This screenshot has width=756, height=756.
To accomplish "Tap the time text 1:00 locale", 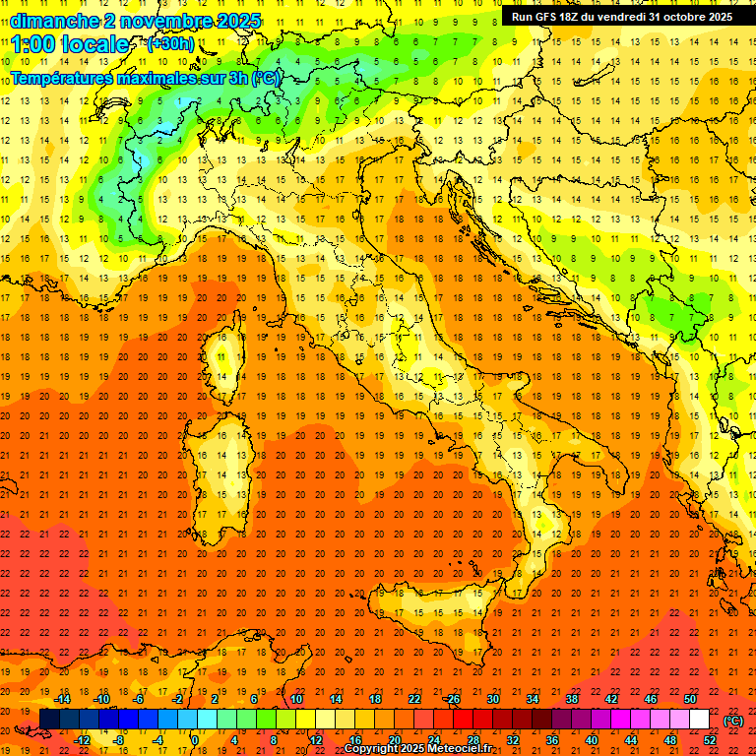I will (70, 44).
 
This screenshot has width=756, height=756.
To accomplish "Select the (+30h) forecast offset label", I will (170, 44).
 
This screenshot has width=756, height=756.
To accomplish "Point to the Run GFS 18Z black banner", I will (621, 17).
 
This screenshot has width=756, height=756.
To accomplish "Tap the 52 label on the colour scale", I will (710, 740).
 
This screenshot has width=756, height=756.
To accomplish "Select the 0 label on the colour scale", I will (195, 740).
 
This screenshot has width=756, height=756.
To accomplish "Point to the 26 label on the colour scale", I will (454, 700).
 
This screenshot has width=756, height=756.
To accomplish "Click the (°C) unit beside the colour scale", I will (733, 721).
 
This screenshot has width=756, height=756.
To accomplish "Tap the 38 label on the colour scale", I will (572, 700).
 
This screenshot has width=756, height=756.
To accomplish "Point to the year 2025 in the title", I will (236, 21).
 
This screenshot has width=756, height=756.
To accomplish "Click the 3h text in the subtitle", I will (238, 78).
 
